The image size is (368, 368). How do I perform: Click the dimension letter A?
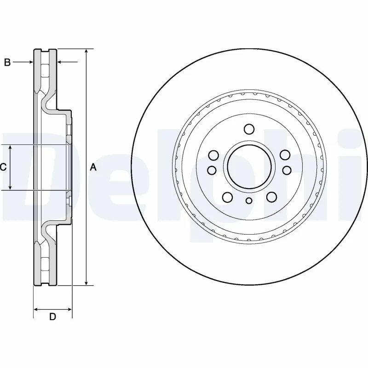click(x=93, y=167)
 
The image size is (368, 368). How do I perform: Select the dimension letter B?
click(x=7, y=63)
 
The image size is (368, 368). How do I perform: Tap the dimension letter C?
click(x=3, y=167)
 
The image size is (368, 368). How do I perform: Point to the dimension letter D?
click(x=52, y=316)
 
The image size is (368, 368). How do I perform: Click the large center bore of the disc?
click(x=249, y=167)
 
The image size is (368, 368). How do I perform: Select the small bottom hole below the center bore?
click(x=249, y=200)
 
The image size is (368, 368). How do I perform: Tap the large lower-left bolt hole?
click(x=227, y=197)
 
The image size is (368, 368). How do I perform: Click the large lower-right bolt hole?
click(x=271, y=197)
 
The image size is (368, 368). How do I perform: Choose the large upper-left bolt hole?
click(x=213, y=155)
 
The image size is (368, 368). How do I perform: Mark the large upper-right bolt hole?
click(x=285, y=155)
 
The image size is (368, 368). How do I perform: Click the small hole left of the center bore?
click(x=212, y=170)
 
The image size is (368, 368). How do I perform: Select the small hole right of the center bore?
click(x=287, y=170)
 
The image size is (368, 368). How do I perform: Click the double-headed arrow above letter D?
click(x=52, y=308)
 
